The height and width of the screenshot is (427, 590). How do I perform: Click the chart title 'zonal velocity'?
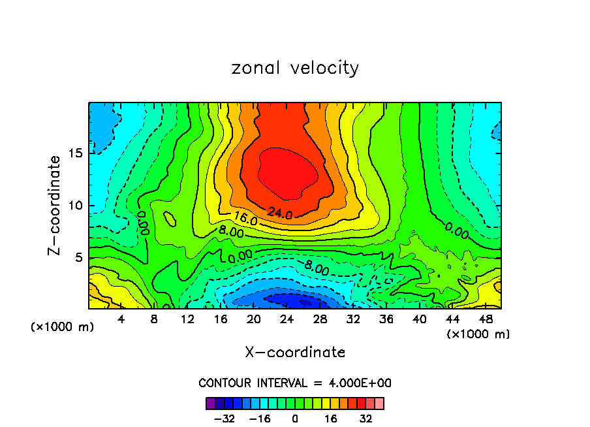click(295, 68)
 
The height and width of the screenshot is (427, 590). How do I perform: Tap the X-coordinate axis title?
click(295, 353)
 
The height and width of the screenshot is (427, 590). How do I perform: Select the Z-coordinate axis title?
click(55, 205)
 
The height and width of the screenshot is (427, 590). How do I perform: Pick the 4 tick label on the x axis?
click(121, 320)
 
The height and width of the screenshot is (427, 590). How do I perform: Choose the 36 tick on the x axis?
click(386, 320)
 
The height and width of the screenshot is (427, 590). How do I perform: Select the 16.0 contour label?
click(245, 219)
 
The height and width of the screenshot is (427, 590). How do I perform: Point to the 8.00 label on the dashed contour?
click(317, 267)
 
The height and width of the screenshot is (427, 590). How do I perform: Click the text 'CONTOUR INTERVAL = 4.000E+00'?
click(295, 383)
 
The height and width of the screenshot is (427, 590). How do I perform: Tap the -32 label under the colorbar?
click(224, 419)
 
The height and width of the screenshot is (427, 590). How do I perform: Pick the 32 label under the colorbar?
click(366, 419)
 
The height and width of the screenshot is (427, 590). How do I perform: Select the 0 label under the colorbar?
click(295, 419)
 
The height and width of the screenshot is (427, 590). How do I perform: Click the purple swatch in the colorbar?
click(211, 403)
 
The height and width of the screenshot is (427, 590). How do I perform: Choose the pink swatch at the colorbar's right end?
click(379, 403)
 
